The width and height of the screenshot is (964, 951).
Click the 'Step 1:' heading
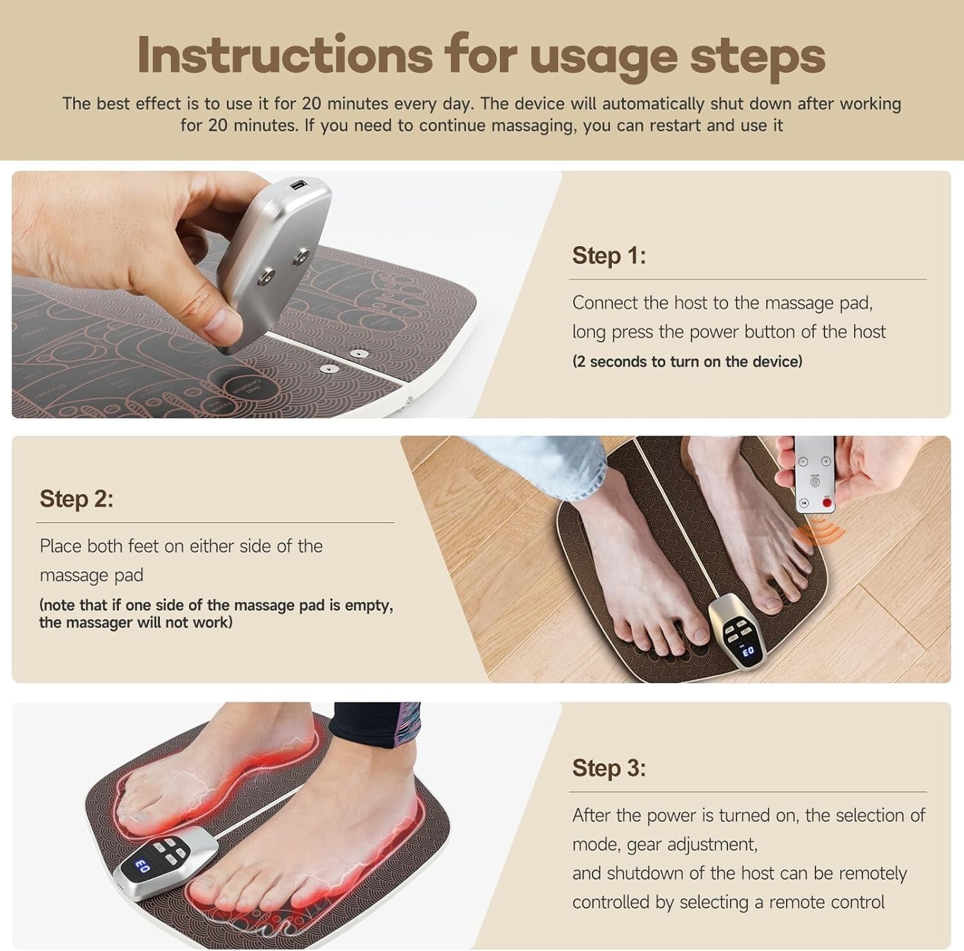point(609,256)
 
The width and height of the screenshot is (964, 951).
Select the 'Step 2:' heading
point(76,499)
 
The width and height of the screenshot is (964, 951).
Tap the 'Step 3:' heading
point(609,768)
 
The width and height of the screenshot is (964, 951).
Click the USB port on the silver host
point(298,186)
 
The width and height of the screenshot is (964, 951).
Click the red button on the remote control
point(826,502)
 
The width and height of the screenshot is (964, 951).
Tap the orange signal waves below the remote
point(815,534)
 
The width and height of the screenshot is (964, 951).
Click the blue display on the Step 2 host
point(747,652)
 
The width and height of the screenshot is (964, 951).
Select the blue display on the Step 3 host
point(143,867)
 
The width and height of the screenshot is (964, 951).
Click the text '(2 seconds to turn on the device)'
point(687,362)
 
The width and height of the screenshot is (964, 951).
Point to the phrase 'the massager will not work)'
point(136,623)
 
